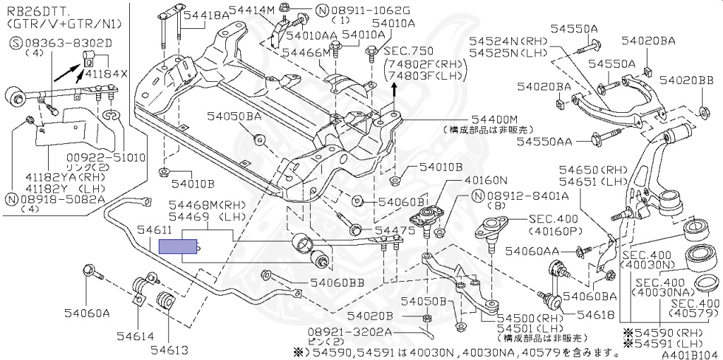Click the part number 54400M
click(x=494, y=120)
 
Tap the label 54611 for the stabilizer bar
click(x=154, y=231)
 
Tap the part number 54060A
click(x=87, y=312)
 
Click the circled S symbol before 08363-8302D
click(x=14, y=43)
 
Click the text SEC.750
click(x=407, y=51)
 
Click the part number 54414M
click(x=251, y=10)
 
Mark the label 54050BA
click(x=234, y=116)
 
